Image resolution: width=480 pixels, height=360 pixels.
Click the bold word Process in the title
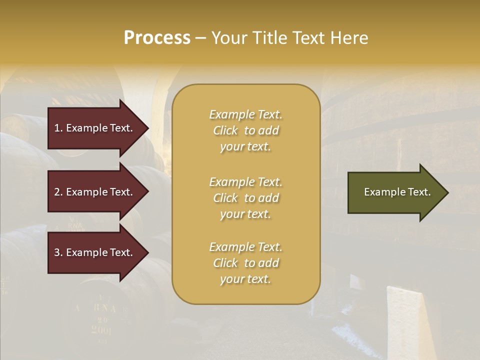click(157, 38)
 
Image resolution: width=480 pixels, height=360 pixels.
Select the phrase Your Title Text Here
click(289, 38)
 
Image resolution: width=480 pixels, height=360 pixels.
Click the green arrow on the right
click(395, 192)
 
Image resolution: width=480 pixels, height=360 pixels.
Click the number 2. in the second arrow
click(58, 192)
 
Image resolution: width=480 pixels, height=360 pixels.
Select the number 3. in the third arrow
click(58, 252)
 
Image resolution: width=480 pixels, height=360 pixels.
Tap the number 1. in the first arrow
click(58, 128)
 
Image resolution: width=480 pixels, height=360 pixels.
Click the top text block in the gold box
click(245, 130)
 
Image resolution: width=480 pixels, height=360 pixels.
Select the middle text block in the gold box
click(245, 197)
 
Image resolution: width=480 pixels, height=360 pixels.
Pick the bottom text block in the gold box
click(245, 263)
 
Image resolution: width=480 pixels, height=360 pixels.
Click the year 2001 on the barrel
click(101, 329)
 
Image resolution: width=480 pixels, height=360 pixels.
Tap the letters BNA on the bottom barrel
click(102, 308)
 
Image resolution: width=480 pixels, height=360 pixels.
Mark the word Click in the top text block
click(225, 130)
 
